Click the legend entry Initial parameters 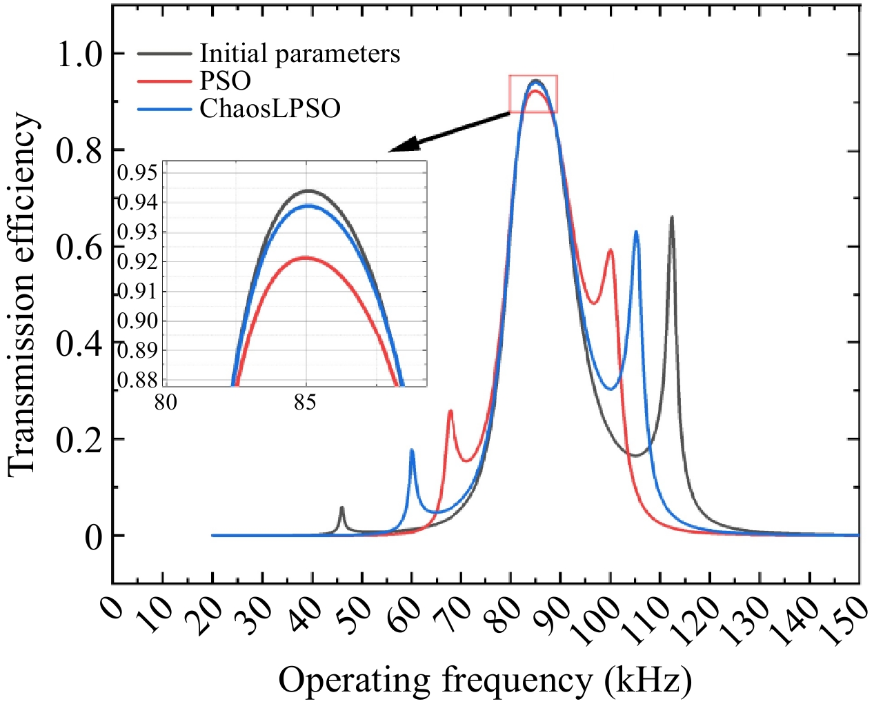(299, 54)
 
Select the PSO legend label (225, 81)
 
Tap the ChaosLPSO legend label (270, 109)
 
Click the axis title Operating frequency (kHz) (485, 680)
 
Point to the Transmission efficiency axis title (22, 294)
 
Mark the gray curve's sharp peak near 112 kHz (671, 217)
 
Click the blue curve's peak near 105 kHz (636, 232)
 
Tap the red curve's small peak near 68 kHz (450, 411)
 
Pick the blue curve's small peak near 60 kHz (412, 450)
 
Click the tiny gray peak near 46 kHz (341, 507)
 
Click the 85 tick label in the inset (305, 402)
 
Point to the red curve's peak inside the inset (305, 257)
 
